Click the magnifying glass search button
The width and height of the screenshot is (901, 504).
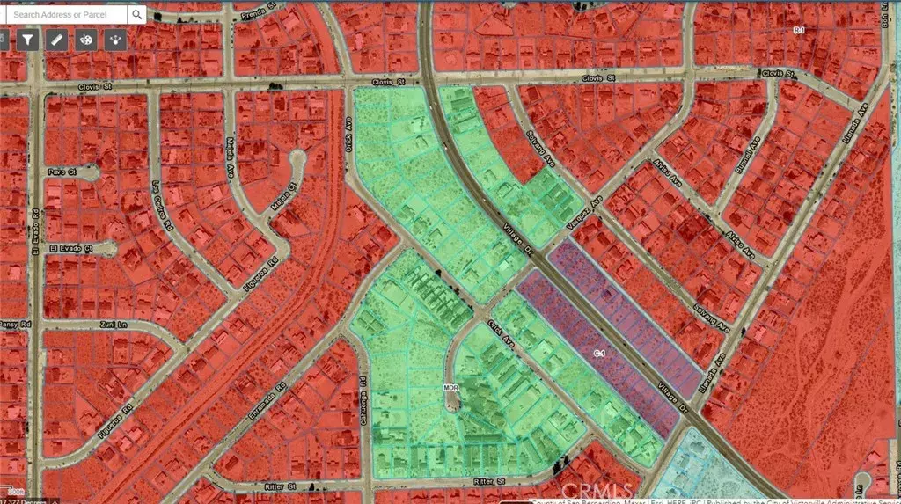pos(137,15)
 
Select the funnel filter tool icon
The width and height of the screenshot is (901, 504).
pos(27,40)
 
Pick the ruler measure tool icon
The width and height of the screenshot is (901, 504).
pos(56,40)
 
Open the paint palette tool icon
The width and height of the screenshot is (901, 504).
pos(86,40)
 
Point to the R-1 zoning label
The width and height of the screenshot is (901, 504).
pos(799,31)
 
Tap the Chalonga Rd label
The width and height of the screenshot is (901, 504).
pos(363,396)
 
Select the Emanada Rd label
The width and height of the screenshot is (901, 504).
pos(268,400)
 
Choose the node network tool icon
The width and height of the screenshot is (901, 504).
pos(115,40)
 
